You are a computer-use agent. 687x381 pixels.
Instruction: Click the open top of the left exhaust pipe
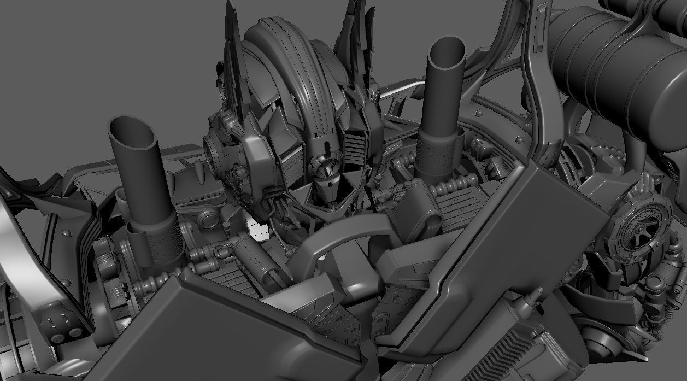[x=132, y=132]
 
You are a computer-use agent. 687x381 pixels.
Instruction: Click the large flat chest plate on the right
[x=492, y=246]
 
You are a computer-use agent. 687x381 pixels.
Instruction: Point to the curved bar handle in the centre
[x=328, y=241]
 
